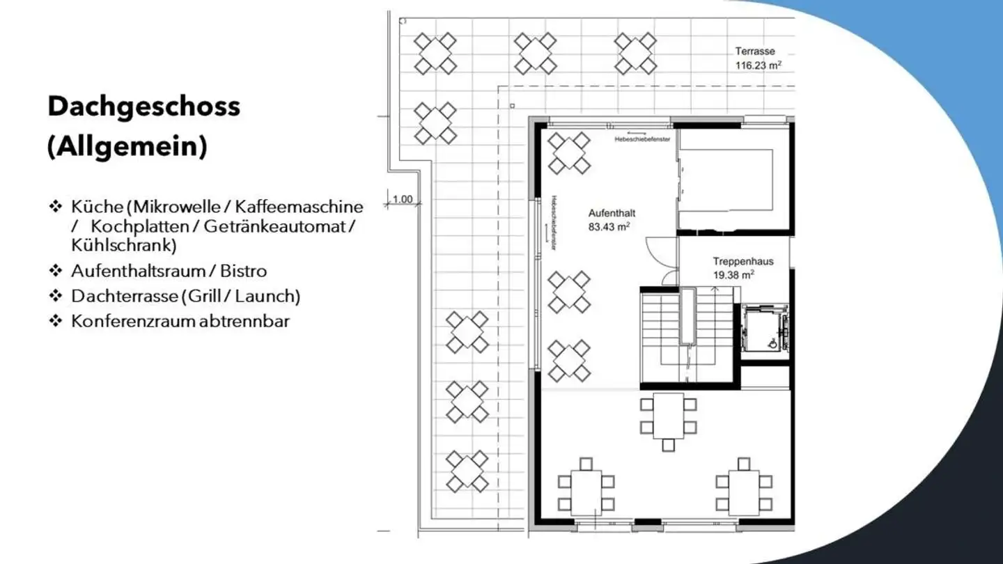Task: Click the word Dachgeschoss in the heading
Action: click(x=143, y=107)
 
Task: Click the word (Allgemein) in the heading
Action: click(x=127, y=147)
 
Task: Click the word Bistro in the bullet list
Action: click(x=244, y=271)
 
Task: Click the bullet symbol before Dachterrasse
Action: click(x=56, y=296)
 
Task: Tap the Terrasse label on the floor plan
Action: click(x=755, y=51)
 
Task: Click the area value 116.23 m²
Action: click(x=758, y=65)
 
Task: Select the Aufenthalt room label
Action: click(x=612, y=213)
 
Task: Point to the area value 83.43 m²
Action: click(x=609, y=226)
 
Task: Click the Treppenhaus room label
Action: click(x=742, y=262)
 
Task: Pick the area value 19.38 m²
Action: click(x=733, y=275)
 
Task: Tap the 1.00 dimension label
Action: click(x=403, y=200)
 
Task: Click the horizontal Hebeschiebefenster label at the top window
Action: click(x=642, y=139)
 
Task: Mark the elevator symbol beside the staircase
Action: click(x=765, y=329)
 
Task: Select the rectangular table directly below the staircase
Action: click(x=669, y=416)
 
